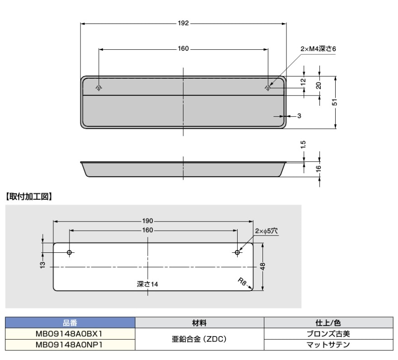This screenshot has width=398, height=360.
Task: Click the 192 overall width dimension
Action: point(183,23)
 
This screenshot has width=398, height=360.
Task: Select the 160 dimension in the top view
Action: point(183,49)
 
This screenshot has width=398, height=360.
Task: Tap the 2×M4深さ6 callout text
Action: point(318,49)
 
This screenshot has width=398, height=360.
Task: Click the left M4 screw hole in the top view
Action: point(99,87)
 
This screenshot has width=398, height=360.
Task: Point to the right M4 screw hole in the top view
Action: point(268,87)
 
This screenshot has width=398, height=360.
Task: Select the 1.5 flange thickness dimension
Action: point(304,144)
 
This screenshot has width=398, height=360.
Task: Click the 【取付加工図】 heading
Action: point(29,197)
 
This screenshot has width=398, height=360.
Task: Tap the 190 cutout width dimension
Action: point(148,222)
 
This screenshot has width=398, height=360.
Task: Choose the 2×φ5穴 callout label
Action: point(267,231)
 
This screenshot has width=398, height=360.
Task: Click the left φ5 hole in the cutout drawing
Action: point(69,252)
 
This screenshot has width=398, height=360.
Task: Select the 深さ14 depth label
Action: point(148,284)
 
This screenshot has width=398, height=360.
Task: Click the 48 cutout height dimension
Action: point(262,266)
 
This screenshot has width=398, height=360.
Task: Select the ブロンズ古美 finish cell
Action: point(328,334)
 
